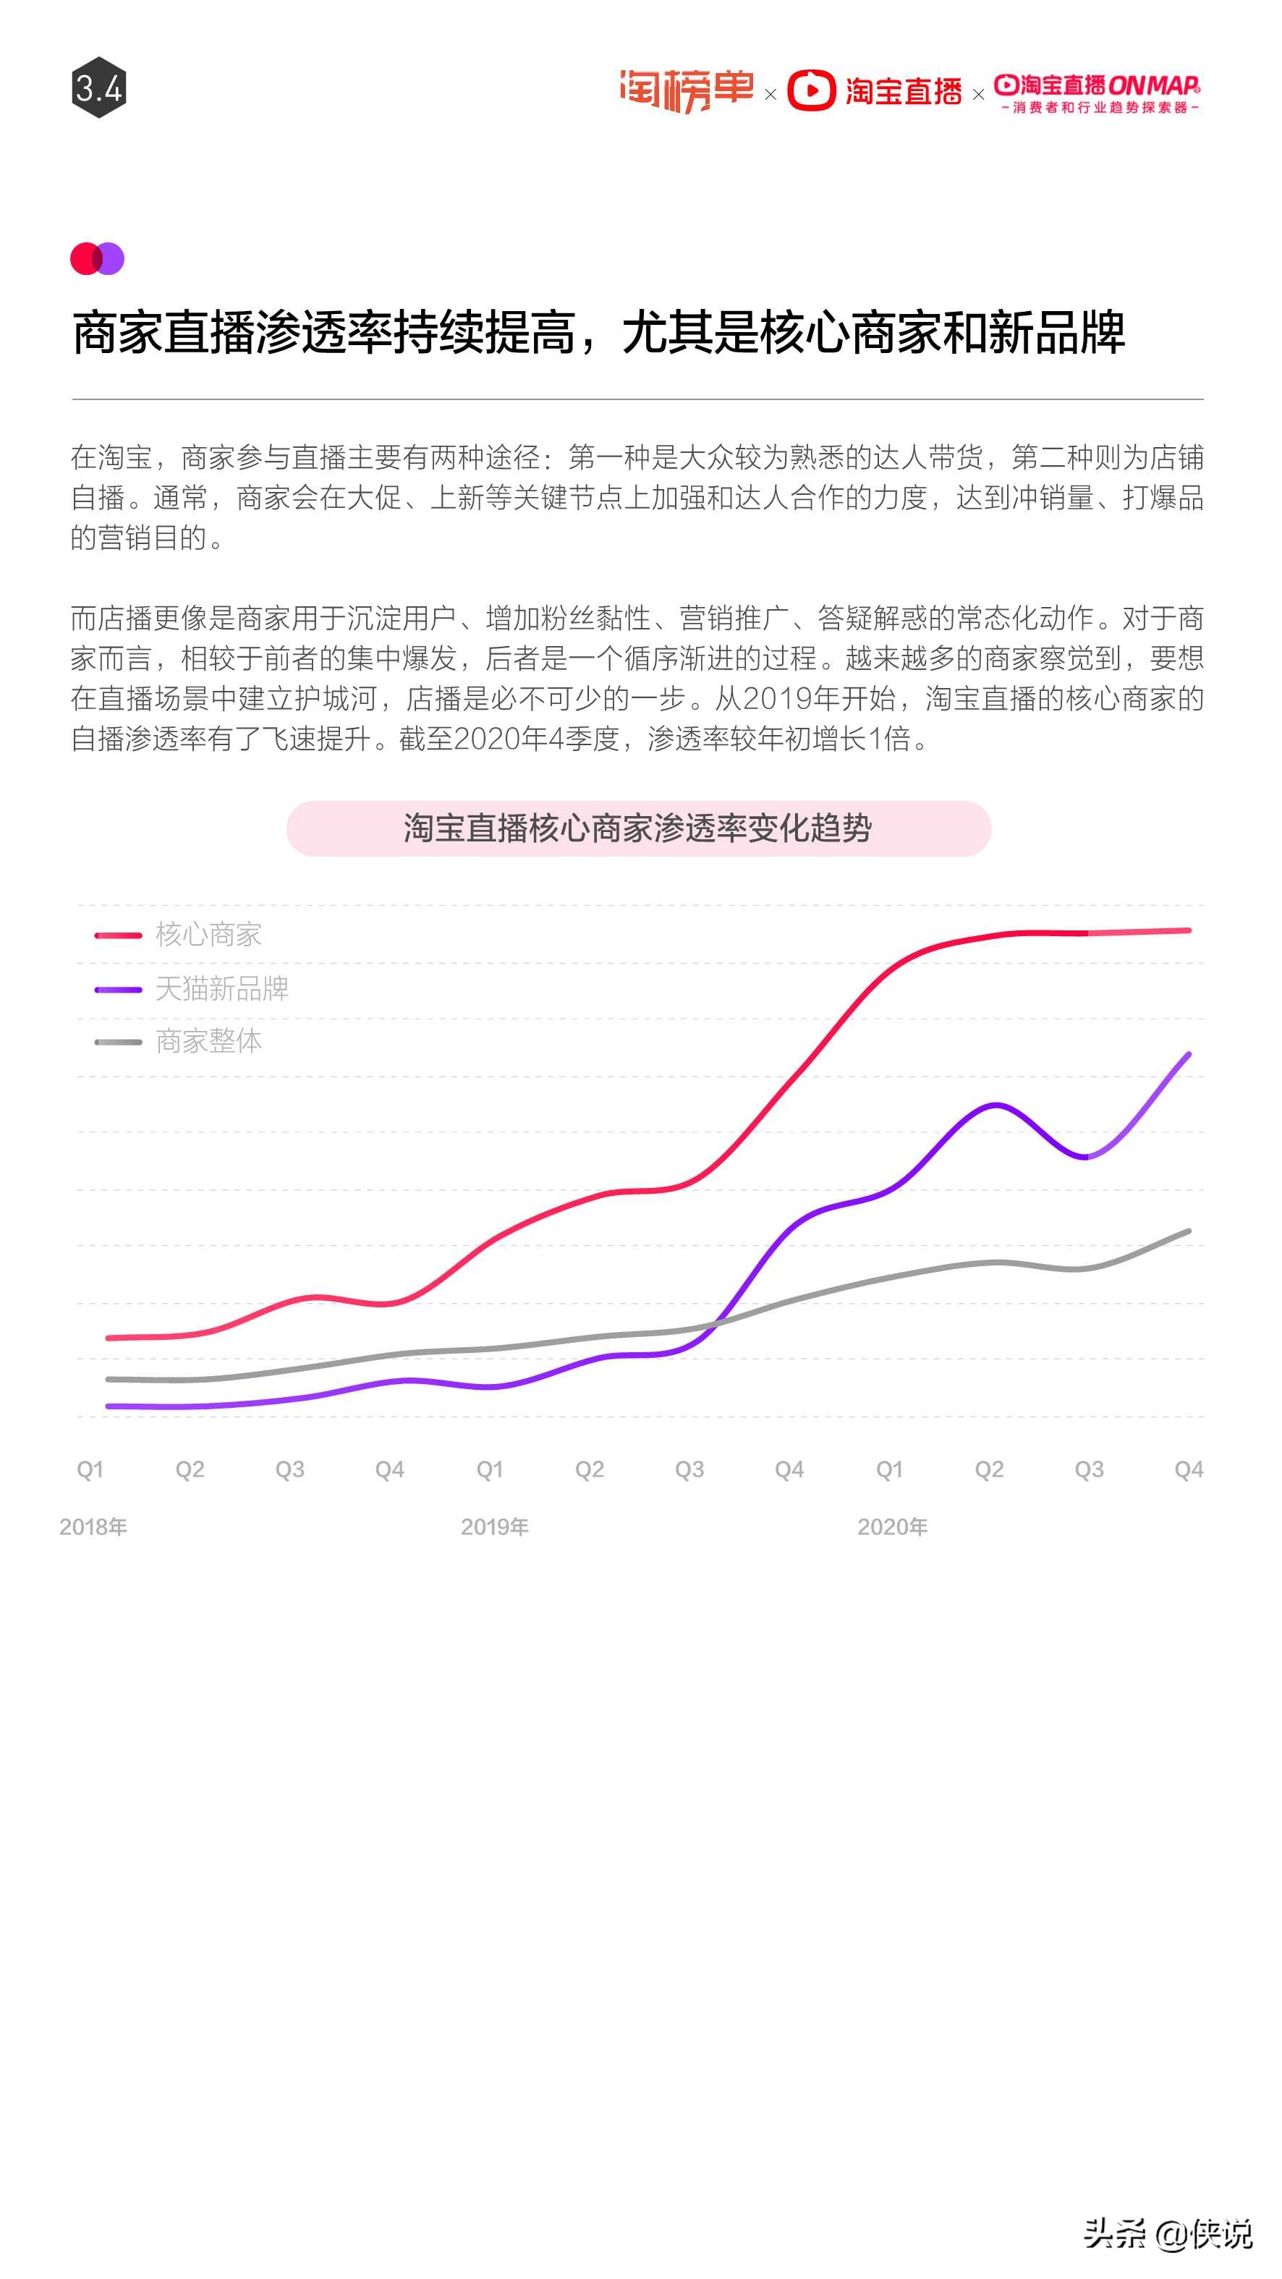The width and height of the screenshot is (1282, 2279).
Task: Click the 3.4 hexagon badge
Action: (98, 88)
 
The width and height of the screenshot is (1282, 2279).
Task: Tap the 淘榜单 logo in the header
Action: (686, 90)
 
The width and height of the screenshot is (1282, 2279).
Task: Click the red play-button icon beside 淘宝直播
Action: (810, 90)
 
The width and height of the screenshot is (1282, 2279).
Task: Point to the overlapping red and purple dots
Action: (98, 258)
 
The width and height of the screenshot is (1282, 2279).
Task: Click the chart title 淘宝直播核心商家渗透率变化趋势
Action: (638, 828)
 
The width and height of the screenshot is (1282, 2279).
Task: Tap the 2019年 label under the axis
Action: (495, 1527)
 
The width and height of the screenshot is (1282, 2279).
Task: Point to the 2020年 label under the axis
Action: (892, 1527)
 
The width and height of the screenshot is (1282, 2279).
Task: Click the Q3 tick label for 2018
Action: (290, 1469)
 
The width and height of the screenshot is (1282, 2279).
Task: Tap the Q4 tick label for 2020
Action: (1188, 1469)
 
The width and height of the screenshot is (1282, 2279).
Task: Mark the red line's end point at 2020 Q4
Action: (1188, 930)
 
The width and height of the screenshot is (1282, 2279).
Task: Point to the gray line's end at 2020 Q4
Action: (1188, 1231)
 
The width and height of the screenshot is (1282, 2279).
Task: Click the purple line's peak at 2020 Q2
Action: (996, 1105)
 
